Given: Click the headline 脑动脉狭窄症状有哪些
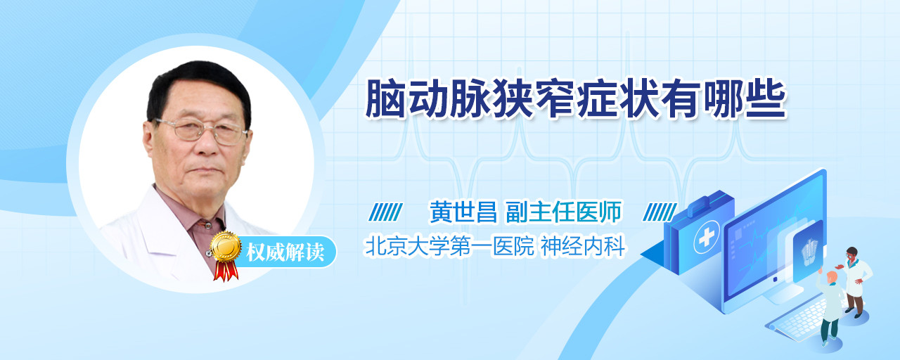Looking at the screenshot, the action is point(575,99).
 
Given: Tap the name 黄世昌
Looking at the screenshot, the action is point(463,212).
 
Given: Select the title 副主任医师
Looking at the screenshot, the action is point(563,212).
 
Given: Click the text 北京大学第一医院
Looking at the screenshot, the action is point(449,246).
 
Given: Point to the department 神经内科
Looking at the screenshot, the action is point(583,246).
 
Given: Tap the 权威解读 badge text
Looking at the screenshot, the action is point(285,252).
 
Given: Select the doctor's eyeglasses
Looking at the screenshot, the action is point(201,131).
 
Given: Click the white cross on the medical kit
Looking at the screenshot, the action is point(706,238).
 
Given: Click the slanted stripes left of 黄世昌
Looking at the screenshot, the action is point(385,212).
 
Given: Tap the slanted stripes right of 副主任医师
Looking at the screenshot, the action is point(660,212).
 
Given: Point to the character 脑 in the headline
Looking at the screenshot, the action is point(385,99).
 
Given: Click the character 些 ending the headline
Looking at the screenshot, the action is point(766,99).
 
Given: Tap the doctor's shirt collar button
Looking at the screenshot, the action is point(207,226).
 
